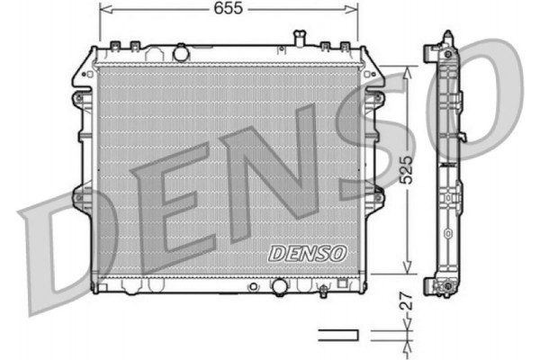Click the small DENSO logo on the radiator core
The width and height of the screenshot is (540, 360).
pos(307,252)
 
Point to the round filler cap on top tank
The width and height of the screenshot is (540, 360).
pos(183,51)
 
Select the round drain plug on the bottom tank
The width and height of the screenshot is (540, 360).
pos(281,287)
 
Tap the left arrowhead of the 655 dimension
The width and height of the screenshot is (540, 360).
pos(103,9)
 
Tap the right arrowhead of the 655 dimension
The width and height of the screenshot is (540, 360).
pos(353,9)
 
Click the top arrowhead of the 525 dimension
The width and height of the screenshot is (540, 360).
pos(408,73)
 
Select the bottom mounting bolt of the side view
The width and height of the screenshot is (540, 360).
pos(443,288)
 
